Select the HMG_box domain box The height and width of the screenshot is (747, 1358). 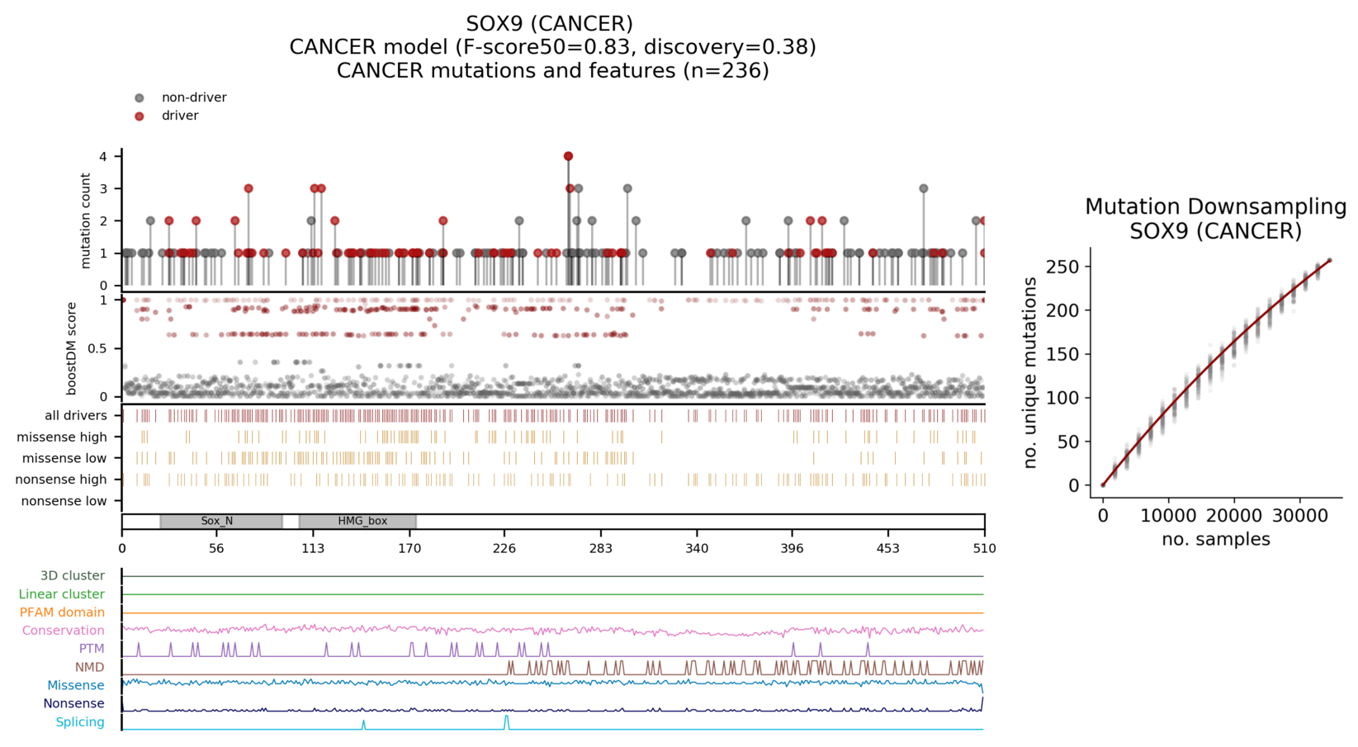coord(357,522)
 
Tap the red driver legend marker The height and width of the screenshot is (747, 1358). coord(140,116)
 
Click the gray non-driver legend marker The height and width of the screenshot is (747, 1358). coord(140,98)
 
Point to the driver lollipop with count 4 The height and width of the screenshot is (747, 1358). coord(568,156)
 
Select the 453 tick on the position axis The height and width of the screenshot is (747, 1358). coord(888,548)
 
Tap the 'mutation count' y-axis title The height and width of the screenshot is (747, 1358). coord(86,220)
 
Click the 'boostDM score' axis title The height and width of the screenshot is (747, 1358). coord(72,348)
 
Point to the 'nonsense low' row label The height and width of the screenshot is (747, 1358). coord(64,501)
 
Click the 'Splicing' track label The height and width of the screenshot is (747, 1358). coord(79,722)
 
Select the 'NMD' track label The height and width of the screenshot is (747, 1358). coord(89,667)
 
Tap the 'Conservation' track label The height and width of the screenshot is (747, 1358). coord(63,631)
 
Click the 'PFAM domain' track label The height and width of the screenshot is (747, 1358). coord(62,612)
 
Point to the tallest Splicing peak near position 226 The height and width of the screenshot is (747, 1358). coord(507,718)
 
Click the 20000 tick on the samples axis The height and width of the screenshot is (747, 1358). coord(1234,516)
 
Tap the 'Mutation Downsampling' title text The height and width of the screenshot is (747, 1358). coord(1215,207)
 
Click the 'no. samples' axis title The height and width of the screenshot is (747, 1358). coord(1215,540)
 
